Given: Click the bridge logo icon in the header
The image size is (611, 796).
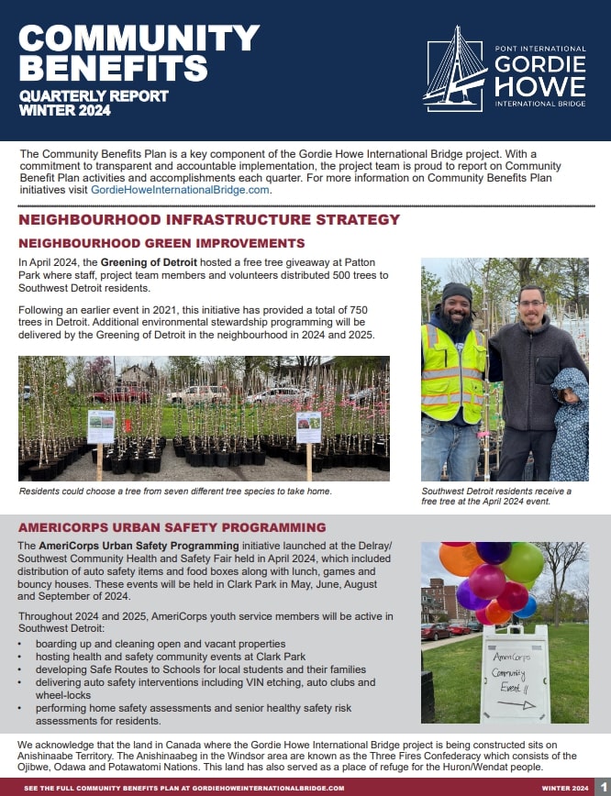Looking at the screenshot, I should pos(456,68).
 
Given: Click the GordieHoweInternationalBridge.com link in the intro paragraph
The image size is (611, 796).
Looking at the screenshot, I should pos(180,190).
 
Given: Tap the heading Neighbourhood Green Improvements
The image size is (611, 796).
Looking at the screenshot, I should pos(161,243).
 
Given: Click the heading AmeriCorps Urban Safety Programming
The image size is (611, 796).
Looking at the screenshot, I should pos(172,527).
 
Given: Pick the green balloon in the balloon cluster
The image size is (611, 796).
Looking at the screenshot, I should pos(523,560).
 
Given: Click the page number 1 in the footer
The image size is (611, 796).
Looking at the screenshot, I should pos(602,787).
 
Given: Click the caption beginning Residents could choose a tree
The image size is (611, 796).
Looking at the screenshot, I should pos(175,492).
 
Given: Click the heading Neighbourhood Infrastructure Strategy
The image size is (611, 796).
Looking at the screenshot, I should pos(209,220).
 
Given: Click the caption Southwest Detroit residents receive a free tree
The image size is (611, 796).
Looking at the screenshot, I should pos(495,497).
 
